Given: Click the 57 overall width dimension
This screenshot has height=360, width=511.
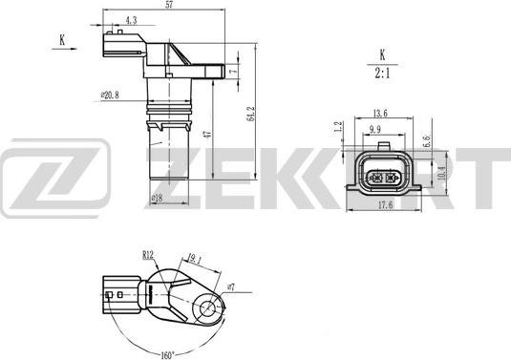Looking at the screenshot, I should click(168, 6).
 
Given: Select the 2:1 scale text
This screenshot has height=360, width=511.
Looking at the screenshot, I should click(382, 72).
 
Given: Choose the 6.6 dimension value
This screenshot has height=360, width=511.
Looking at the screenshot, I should click(427, 140).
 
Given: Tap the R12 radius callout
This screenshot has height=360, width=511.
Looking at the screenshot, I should click(148, 255).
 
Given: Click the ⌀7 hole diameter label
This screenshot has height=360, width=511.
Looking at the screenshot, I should click(230, 286).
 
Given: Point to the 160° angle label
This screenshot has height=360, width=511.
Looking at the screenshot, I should click(167, 349).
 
